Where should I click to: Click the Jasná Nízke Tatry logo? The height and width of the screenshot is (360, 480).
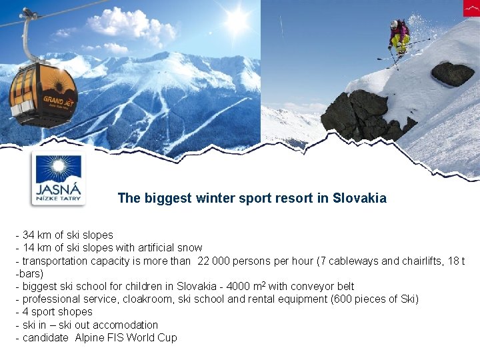pos(59,179)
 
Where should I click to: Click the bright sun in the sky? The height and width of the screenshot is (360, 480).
pos(235,21)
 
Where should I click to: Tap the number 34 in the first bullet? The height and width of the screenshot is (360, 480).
pos(29,235)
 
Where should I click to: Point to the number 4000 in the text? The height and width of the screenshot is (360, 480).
pos(238,286)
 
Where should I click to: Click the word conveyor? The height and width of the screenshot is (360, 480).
pos(309,286)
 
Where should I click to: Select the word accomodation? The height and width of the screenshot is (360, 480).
pos(125,325)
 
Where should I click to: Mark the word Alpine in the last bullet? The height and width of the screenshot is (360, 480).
pos(90,337)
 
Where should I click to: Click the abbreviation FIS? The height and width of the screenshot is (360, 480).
pos(117,337)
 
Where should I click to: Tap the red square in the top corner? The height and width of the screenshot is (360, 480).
pos(471,8)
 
